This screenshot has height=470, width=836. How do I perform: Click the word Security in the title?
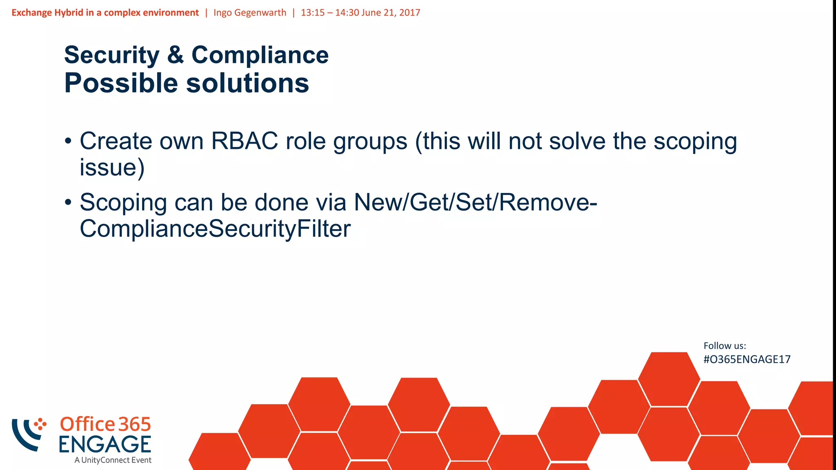point(112,55)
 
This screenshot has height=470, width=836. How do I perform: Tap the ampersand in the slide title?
point(176,55)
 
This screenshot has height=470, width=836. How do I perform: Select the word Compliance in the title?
point(260,55)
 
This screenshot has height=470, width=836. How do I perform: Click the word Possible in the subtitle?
point(121,84)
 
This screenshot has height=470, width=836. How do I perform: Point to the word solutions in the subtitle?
point(248,84)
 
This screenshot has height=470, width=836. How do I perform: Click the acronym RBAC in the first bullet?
point(244,141)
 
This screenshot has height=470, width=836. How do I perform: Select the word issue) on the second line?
point(112,167)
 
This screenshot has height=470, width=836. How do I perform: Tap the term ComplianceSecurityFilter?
point(215,228)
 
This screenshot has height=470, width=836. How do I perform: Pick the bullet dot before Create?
point(68,142)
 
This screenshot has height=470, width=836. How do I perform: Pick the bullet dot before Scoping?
point(68,202)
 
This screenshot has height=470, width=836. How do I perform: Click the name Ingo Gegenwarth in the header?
point(250,13)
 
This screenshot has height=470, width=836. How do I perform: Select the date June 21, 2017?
point(391,13)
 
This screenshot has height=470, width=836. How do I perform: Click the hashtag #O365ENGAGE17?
point(747,359)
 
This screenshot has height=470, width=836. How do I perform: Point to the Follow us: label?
point(725,346)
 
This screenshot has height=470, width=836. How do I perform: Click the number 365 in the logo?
point(135,425)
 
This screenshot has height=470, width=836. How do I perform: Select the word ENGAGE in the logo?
point(105,444)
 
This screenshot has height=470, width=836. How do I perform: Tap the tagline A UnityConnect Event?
point(113,460)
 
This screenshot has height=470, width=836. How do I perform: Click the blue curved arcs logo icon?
point(27,435)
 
